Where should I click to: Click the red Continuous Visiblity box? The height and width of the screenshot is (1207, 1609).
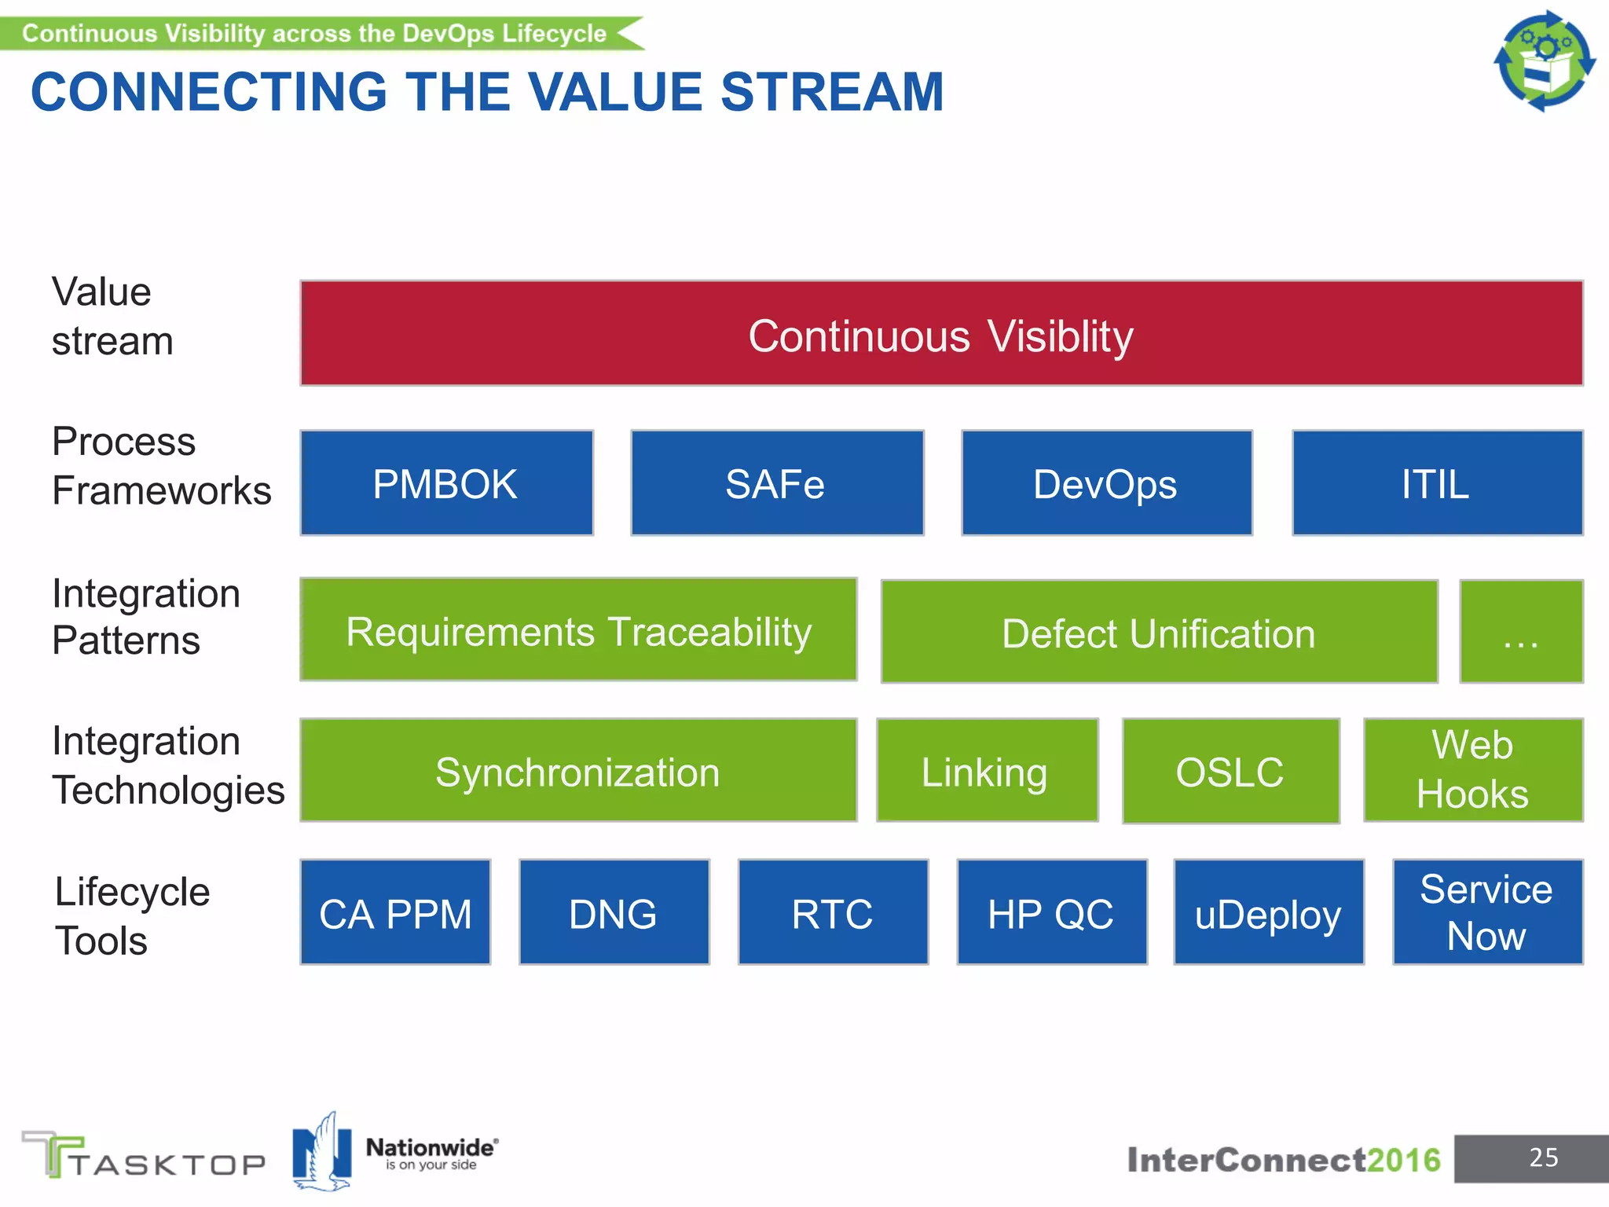tap(941, 333)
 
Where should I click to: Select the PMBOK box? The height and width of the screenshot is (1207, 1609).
tap(446, 482)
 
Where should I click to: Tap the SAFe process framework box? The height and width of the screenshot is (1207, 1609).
tap(777, 482)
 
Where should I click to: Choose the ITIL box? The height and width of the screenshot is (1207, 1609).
tap(1437, 482)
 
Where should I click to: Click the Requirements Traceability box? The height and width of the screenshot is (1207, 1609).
tap(578, 629)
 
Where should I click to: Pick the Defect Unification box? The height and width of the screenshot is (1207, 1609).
tap(1159, 632)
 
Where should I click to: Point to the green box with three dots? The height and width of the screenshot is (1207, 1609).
tap(1521, 632)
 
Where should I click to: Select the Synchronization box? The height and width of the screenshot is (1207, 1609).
tap(578, 770)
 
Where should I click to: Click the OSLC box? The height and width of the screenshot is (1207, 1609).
tap(1230, 771)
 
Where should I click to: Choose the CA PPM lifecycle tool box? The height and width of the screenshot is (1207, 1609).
tap(395, 912)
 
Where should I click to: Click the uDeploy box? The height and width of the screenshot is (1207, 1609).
tap(1268, 912)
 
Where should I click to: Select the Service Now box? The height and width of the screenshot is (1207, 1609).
tap(1487, 912)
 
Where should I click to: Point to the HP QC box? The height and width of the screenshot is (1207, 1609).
tap(1051, 912)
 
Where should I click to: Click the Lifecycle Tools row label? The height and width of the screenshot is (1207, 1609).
tap(132, 915)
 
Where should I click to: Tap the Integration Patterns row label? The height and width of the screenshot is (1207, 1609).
tap(146, 616)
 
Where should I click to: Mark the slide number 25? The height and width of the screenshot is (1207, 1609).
tap(1544, 1157)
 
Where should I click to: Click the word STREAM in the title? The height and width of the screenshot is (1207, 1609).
tap(832, 92)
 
